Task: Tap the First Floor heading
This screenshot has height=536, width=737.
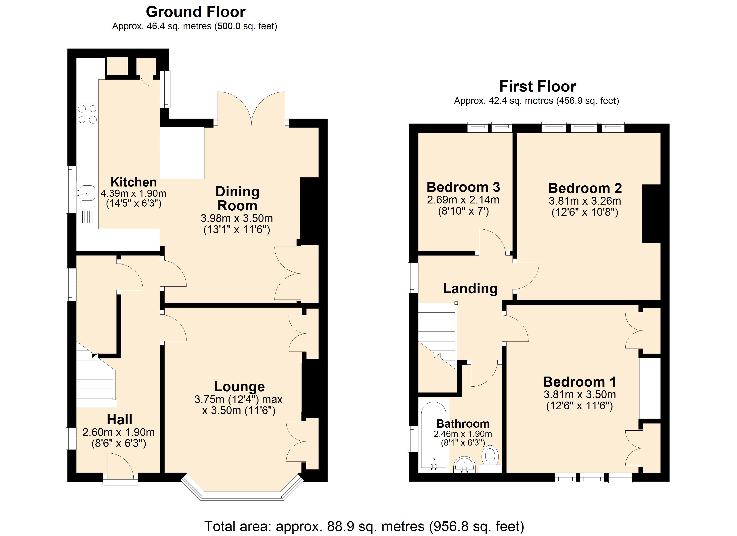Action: (538, 86)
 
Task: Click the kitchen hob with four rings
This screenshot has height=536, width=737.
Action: (87, 114)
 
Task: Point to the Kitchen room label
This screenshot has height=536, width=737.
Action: (134, 182)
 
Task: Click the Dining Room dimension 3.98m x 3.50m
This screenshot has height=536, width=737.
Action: (237, 218)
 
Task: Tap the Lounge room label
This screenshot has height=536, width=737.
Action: (239, 387)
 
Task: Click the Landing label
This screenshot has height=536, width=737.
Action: (470, 289)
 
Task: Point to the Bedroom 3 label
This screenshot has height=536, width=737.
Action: (463, 187)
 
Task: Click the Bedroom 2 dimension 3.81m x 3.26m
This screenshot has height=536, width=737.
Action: (585, 201)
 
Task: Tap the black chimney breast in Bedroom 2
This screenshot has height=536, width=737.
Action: (651, 214)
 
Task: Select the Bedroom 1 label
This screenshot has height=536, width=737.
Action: (579, 382)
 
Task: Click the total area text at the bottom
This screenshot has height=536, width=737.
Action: (364, 526)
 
